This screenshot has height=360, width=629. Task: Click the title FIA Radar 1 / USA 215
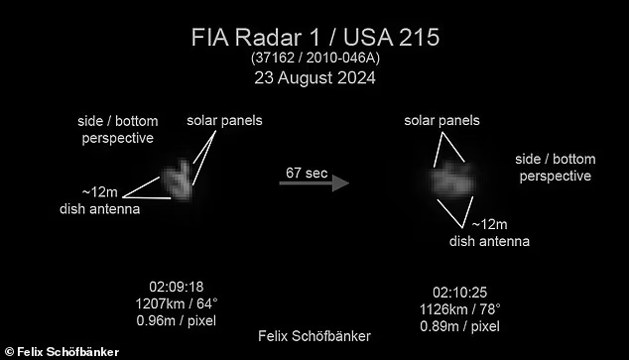315,38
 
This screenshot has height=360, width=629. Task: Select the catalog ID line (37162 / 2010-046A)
315,58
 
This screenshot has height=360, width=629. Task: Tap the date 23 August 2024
314,77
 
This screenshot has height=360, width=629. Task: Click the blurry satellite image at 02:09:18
177,180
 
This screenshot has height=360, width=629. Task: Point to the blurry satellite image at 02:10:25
452,180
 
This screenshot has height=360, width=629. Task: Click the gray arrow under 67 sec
314,183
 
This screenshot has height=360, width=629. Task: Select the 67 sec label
307,173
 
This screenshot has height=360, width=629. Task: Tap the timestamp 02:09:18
177,287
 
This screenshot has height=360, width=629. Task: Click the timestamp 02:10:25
459,293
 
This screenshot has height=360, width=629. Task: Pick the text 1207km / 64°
177,303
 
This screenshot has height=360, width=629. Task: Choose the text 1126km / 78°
459,309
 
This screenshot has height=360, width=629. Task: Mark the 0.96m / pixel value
177,320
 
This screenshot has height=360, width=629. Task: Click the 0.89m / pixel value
459,326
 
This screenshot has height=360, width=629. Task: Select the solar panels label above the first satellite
224,121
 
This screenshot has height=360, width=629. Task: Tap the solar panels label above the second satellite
441,121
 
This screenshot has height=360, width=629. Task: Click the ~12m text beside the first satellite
100,192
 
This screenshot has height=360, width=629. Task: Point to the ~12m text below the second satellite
489,224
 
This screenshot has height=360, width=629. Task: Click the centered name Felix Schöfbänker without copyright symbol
314,336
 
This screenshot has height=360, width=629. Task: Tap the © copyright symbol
9,352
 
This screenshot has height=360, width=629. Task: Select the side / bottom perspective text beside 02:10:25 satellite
556,168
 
